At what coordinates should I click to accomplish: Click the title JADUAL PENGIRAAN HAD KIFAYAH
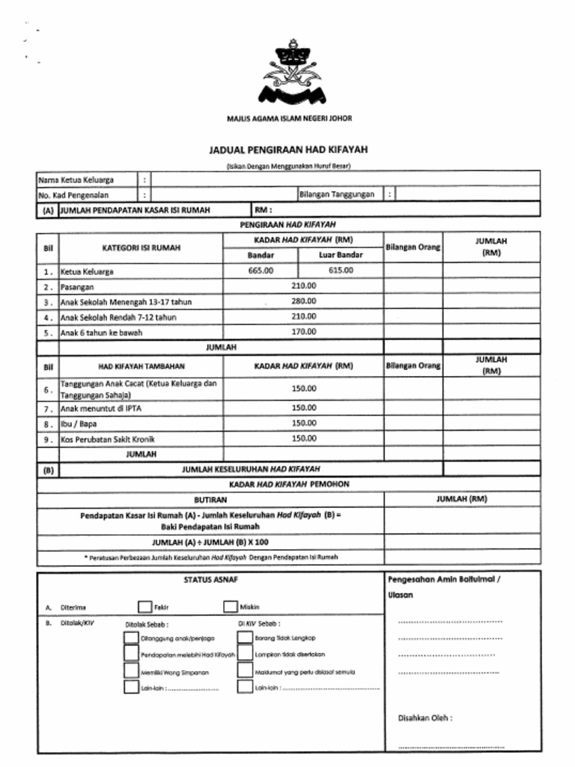pyautogui.click(x=288, y=150)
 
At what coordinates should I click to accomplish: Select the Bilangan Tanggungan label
pyautogui.click(x=336, y=195)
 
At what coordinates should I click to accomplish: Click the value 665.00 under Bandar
pyautogui.click(x=261, y=270)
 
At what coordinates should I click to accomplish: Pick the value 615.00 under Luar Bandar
pyautogui.click(x=341, y=270)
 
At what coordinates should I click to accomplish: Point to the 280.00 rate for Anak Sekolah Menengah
pyautogui.click(x=303, y=301)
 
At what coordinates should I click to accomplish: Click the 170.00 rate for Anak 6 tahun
pyautogui.click(x=303, y=331)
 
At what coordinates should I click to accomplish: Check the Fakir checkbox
pyautogui.click(x=144, y=607)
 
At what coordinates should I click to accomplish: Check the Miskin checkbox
pyautogui.click(x=230, y=607)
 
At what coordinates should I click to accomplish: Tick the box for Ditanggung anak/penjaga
pyautogui.click(x=131, y=638)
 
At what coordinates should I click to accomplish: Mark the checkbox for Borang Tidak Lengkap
pyautogui.click(x=245, y=638)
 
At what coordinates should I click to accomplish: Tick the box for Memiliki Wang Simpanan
pyautogui.click(x=131, y=672)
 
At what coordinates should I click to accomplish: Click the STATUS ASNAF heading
pyautogui.click(x=211, y=580)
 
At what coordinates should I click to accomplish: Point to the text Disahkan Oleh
pyautogui.click(x=425, y=718)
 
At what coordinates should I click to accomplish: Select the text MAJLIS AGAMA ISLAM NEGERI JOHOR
pyautogui.click(x=289, y=118)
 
